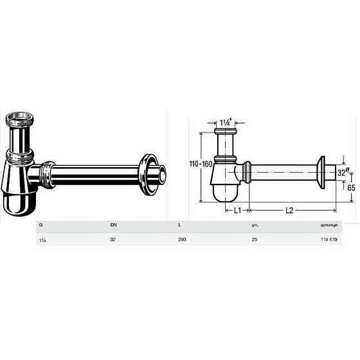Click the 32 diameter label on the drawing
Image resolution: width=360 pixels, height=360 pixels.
tap(342, 172)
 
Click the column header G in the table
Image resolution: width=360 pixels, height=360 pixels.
tap(41, 226)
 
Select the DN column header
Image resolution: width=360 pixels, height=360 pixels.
tap(113, 226)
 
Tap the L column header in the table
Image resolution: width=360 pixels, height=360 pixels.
tap(179, 226)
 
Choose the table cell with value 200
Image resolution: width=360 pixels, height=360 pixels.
tap(182, 239)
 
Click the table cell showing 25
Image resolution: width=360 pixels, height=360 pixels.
tap(254, 239)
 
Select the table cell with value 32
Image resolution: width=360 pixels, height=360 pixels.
tap(113, 239)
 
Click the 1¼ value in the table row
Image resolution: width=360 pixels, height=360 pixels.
tap(42, 239)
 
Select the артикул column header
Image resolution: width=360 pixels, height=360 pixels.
tap(328, 226)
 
